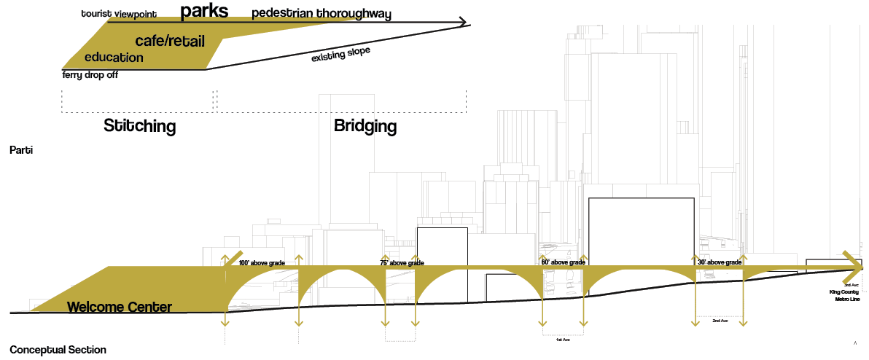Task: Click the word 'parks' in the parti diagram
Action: (x=204, y=11)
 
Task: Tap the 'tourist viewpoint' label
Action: (x=119, y=14)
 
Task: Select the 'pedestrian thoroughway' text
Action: (x=322, y=14)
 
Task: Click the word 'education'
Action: (x=114, y=58)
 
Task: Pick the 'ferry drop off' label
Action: (x=90, y=74)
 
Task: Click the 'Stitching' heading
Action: (x=140, y=126)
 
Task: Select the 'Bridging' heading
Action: (x=365, y=126)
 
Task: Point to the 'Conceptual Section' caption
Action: (x=58, y=350)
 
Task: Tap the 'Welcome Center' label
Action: (x=120, y=307)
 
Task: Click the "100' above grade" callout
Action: (x=262, y=262)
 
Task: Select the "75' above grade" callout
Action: (x=402, y=263)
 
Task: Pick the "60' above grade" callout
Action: (x=563, y=262)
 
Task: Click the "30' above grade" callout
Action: (x=720, y=262)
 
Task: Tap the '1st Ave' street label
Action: (x=561, y=340)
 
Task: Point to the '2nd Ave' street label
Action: (x=719, y=320)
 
